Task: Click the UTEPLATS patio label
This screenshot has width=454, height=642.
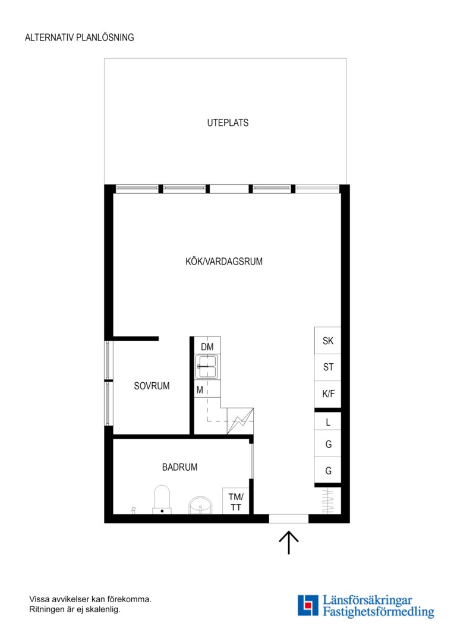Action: (228, 123)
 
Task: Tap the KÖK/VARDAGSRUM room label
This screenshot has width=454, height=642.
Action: (224, 262)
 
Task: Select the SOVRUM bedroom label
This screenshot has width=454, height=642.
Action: (152, 386)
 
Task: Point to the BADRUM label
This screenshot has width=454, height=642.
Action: (179, 467)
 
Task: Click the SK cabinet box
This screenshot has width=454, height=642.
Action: (327, 340)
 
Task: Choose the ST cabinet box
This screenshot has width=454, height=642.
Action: (327, 367)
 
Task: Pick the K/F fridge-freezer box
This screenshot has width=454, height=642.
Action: (327, 394)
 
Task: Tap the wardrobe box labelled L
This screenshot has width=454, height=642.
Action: (327, 421)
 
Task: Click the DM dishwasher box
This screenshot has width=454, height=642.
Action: (207, 346)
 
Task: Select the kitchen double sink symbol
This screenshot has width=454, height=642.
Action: (207, 366)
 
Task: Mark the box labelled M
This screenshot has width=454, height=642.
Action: (200, 390)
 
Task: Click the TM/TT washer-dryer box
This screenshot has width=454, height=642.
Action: (236, 501)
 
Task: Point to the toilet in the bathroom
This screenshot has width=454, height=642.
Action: (162, 499)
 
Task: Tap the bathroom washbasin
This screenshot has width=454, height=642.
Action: (201, 505)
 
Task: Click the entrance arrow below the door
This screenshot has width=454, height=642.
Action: (289, 543)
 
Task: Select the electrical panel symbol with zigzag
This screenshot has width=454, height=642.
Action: (240, 421)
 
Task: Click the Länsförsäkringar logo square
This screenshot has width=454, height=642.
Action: (308, 605)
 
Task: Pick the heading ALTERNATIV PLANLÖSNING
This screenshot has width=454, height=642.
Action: (80, 37)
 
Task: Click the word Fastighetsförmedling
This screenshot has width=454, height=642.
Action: (379, 612)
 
